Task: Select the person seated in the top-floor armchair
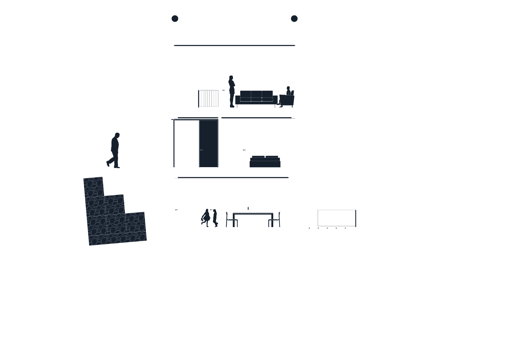pos(289,92)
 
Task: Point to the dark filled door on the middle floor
pos(209,143)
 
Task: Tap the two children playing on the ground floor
pos(210,218)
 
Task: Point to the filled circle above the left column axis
pos(175,19)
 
